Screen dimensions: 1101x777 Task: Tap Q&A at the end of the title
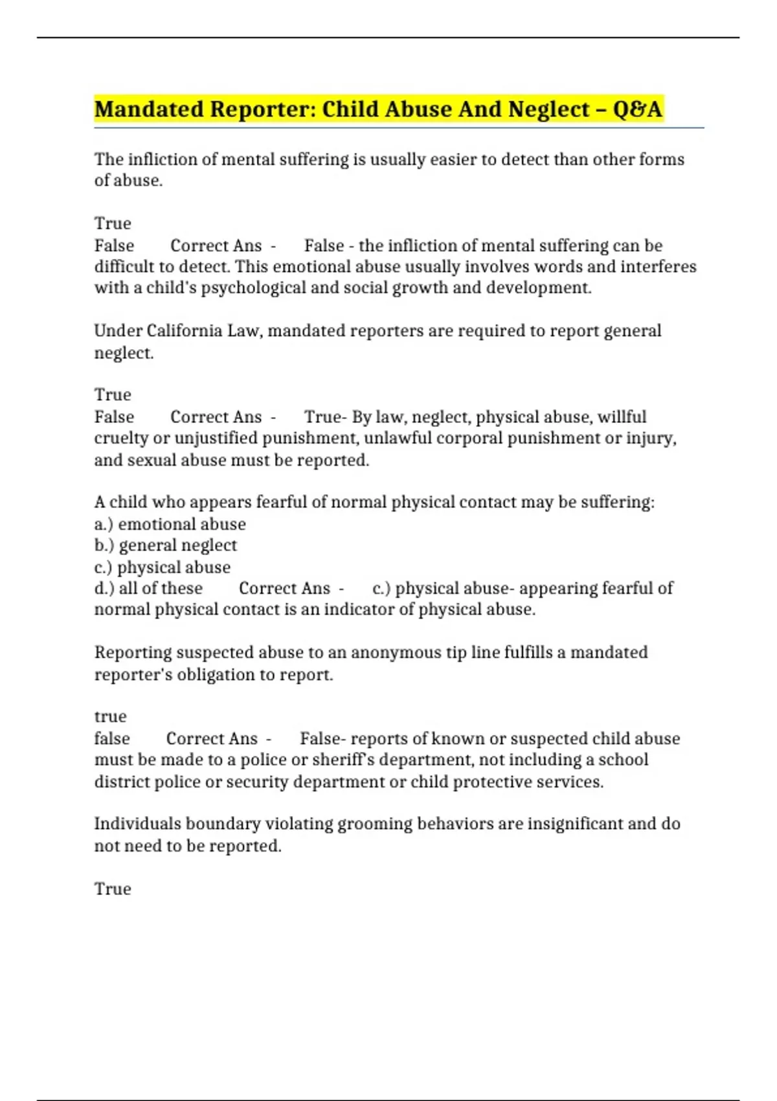637,109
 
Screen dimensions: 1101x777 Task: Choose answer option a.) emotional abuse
170,524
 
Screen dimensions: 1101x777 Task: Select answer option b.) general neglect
165,545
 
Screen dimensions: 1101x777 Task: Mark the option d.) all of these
148,588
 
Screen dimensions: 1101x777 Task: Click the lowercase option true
111,716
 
